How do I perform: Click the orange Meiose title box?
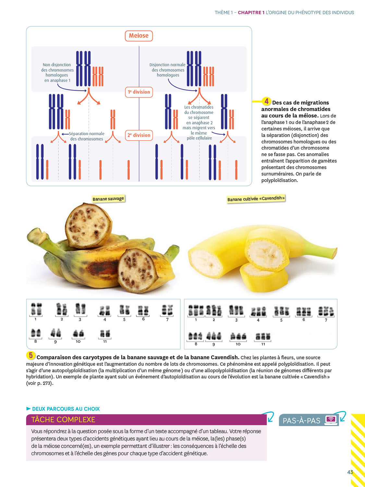[139, 36]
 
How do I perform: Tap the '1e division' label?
[139, 92]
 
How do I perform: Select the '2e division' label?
[139, 135]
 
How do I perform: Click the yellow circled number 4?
[266, 101]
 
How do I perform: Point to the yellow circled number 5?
[30, 355]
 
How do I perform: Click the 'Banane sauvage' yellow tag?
[108, 199]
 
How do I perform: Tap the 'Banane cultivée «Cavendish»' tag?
[256, 199]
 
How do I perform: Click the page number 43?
[350, 472]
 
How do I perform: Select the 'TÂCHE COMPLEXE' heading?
[63, 420]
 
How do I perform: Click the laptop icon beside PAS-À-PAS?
[331, 419]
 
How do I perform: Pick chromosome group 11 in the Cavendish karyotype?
[263, 337]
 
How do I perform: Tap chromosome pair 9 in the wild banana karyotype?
[55, 333]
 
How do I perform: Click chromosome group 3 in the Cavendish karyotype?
[236, 311]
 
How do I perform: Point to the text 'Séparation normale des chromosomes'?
[87, 136]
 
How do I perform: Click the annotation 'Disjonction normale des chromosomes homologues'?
[167, 70]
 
